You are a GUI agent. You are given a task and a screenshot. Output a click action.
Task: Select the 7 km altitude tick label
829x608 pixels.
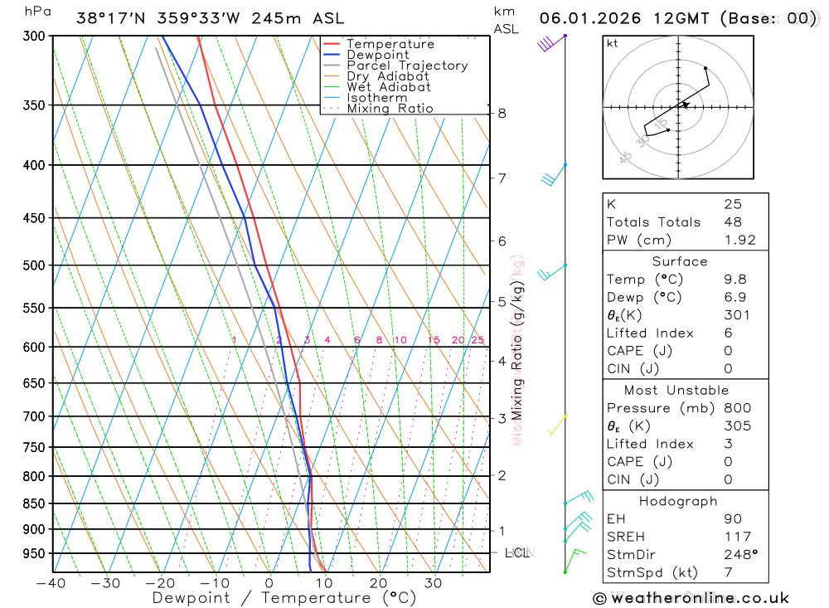[502, 178]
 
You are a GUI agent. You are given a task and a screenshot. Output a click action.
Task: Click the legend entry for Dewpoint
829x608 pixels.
[377, 55]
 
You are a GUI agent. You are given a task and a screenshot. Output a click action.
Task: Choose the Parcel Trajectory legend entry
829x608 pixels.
[406, 66]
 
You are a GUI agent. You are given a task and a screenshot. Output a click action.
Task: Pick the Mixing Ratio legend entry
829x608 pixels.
[390, 109]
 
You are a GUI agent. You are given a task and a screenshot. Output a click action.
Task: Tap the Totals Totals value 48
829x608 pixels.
[733, 221]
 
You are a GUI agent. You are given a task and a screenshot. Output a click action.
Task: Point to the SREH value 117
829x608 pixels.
[737, 537]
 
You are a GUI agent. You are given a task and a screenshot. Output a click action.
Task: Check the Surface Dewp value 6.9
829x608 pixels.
[733, 297]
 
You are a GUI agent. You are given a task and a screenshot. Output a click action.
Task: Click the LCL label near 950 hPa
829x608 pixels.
[517, 552]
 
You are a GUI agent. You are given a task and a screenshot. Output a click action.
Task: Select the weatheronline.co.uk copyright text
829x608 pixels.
[691, 598]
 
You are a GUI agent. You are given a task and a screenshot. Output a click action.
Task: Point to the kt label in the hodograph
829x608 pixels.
[612, 43]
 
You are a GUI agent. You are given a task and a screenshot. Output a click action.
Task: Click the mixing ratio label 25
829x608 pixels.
[478, 340]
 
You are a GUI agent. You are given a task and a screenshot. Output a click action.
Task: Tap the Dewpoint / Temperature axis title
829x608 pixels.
[284, 598]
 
